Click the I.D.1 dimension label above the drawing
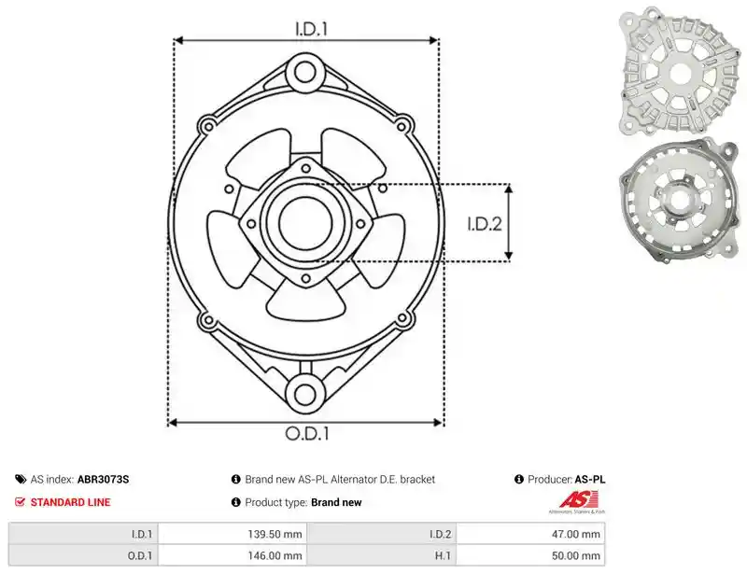click(x=311, y=29)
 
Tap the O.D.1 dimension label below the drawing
click(x=307, y=433)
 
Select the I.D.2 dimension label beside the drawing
click(x=485, y=224)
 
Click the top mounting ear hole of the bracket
click(x=305, y=73)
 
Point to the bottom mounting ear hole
click(x=305, y=395)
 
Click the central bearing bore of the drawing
click(x=305, y=222)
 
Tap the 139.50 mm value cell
click(x=233, y=534)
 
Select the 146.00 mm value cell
click(x=233, y=555)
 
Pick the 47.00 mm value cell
click(x=530, y=534)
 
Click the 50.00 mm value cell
click(x=530, y=555)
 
